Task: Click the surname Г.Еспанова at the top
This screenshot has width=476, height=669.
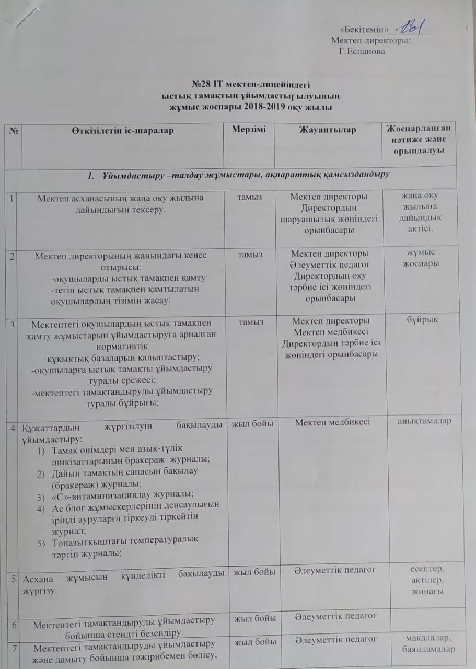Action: click(362, 51)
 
